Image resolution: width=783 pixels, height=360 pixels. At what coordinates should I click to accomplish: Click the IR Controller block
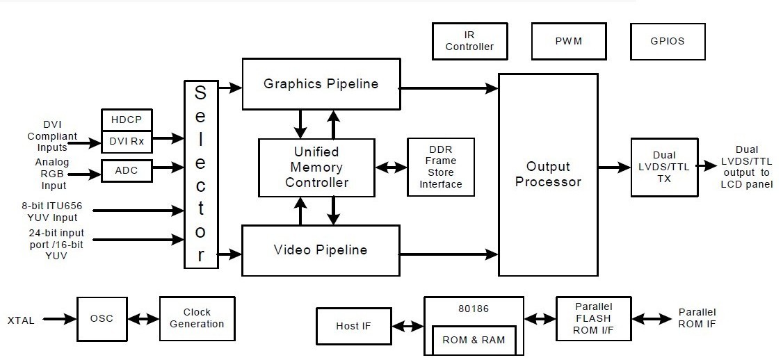(469, 41)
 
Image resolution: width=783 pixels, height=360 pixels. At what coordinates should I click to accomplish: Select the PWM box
(568, 41)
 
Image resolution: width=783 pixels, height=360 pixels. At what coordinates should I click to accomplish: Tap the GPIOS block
(668, 41)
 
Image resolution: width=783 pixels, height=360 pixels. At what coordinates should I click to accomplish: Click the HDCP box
(127, 120)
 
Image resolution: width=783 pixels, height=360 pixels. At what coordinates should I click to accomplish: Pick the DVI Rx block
(127, 141)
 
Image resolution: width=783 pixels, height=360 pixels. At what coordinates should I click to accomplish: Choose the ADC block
(127, 170)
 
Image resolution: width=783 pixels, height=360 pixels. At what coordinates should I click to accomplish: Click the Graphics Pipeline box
(321, 84)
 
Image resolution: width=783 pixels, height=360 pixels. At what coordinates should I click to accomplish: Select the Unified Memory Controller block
(316, 167)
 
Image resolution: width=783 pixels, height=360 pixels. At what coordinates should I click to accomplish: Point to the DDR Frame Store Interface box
(441, 167)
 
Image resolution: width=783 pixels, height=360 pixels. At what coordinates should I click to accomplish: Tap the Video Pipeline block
(321, 250)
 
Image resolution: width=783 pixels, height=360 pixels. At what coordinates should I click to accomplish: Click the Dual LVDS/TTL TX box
(664, 167)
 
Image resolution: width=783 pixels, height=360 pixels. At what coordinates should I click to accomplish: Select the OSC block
(102, 319)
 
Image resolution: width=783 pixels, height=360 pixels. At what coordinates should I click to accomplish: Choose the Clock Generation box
(197, 318)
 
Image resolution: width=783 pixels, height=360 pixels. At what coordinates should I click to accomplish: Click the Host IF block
(353, 326)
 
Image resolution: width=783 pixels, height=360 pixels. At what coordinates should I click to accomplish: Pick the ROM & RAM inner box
(474, 340)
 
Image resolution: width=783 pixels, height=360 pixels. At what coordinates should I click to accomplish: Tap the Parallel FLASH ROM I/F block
(594, 319)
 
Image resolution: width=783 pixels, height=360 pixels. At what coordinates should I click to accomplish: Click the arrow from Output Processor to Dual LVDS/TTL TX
(614, 167)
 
